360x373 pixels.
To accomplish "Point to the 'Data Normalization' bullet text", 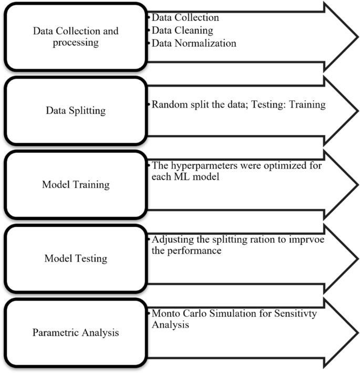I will pos(194,43).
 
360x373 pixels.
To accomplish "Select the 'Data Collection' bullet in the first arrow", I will pos(185,18).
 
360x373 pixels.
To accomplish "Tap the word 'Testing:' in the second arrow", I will pos(272,105).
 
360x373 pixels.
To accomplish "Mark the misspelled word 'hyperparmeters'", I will pos(207,165).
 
